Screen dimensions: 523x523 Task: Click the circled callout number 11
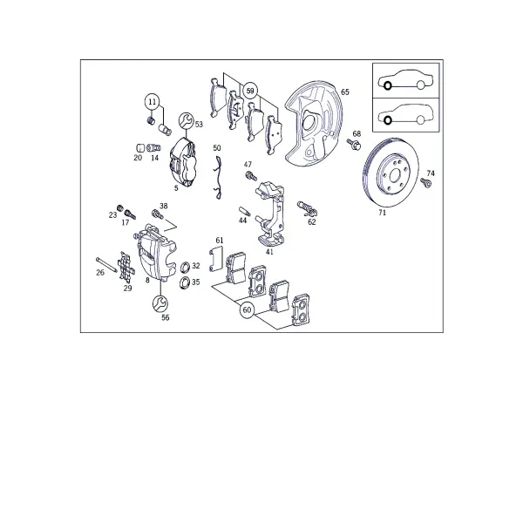[x=152, y=101]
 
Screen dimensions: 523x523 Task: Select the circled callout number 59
[x=250, y=91]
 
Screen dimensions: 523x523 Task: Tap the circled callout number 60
[x=247, y=309]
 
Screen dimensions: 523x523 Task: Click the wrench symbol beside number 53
[x=186, y=120]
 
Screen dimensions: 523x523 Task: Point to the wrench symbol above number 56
[x=160, y=302]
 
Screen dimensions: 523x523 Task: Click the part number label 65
[x=345, y=92]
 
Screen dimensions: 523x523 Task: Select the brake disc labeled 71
[x=390, y=173]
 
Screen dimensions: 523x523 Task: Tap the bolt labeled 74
[x=426, y=182]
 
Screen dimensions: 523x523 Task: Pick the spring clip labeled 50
[x=218, y=179]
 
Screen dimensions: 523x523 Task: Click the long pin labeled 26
[x=106, y=264]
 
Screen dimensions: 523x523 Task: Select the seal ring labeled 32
[x=185, y=268]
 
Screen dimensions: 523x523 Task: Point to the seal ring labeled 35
[x=184, y=282]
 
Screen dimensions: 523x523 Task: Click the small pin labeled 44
[x=244, y=212]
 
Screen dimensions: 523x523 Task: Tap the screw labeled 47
[x=251, y=175]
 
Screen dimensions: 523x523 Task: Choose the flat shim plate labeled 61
[x=216, y=259]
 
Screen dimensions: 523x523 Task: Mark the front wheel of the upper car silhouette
[x=387, y=85]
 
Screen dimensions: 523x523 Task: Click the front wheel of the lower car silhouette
[x=387, y=120]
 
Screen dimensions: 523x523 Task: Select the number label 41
[x=269, y=252]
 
